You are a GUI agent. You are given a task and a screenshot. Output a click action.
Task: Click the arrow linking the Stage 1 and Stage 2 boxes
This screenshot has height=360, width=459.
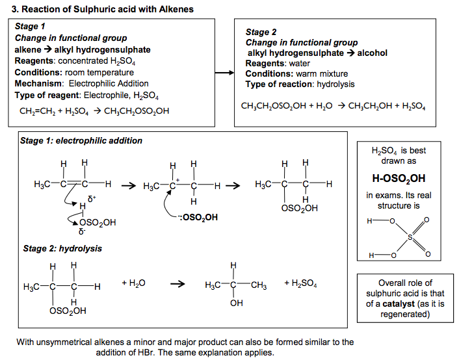pyautogui.click(x=224, y=73)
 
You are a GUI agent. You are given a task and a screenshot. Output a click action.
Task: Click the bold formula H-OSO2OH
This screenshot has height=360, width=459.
pyautogui.click(x=399, y=179)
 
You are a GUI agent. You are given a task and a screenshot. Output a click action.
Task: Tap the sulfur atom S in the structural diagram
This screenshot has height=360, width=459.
pyautogui.click(x=410, y=237)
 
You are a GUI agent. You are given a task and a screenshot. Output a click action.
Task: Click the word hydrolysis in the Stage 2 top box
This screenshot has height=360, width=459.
pyautogui.click(x=335, y=84)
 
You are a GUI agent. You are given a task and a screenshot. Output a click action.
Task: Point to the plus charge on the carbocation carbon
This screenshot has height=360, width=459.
pyautogui.click(x=177, y=180)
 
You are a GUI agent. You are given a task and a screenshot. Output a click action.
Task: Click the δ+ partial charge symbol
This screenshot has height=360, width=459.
pyautogui.click(x=92, y=199)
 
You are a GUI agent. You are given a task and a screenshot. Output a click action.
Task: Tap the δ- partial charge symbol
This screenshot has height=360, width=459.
pyautogui.click(x=82, y=232)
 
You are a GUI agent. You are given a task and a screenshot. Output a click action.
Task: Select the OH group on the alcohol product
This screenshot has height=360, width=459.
pyautogui.click(x=236, y=303)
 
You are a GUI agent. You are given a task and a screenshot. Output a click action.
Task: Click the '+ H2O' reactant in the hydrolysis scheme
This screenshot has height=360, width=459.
pyautogui.click(x=133, y=283)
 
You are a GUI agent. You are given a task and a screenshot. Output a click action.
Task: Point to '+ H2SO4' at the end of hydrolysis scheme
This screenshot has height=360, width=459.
pyautogui.click(x=300, y=283)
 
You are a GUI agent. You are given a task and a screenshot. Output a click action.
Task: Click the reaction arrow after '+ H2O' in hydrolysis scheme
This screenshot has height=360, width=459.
pyautogui.click(x=177, y=283)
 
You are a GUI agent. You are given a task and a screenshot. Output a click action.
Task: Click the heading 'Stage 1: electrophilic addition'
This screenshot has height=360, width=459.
pyautogui.click(x=81, y=141)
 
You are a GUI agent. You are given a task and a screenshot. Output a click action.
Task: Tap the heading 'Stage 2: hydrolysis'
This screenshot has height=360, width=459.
pyautogui.click(x=62, y=248)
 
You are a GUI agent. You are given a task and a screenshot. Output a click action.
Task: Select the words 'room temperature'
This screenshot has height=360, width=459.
pyautogui.click(x=99, y=73)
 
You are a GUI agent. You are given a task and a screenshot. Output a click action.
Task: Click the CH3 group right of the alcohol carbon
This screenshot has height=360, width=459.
pyautogui.click(x=259, y=285)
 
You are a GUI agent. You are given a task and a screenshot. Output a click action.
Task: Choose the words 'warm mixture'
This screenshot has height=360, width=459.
pyautogui.click(x=322, y=74)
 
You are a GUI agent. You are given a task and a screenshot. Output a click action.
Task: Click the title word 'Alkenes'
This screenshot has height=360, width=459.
pyautogui.click(x=176, y=9)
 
